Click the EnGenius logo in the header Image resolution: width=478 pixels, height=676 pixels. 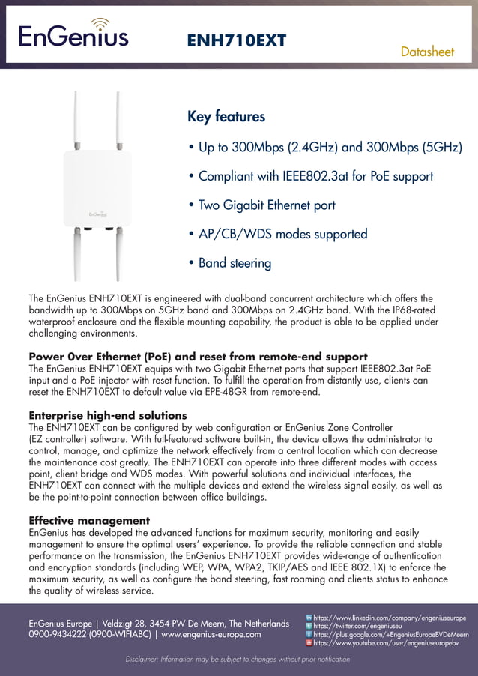coord(73,34)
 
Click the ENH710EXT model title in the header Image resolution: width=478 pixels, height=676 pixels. coord(236,40)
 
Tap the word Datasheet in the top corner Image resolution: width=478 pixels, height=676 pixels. coord(427,52)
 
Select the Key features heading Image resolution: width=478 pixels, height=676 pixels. coord(226,117)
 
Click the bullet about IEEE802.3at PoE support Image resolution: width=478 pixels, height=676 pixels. coord(311,176)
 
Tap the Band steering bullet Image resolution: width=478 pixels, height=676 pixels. coord(230,263)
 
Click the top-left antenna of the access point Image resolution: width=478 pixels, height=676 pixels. coord(75,120)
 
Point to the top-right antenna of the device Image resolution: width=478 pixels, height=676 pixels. coord(118,120)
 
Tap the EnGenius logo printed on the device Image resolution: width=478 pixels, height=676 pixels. coord(96,213)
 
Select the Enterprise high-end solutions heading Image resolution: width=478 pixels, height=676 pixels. coord(108,415)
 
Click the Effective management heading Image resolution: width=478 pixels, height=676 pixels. coord(89,520)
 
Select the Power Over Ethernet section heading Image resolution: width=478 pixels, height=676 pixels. coord(198,356)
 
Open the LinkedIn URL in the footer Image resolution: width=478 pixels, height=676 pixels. coord(389,618)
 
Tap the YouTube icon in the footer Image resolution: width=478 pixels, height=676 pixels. coord(309,642)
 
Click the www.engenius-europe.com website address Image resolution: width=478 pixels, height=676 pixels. coord(211,634)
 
